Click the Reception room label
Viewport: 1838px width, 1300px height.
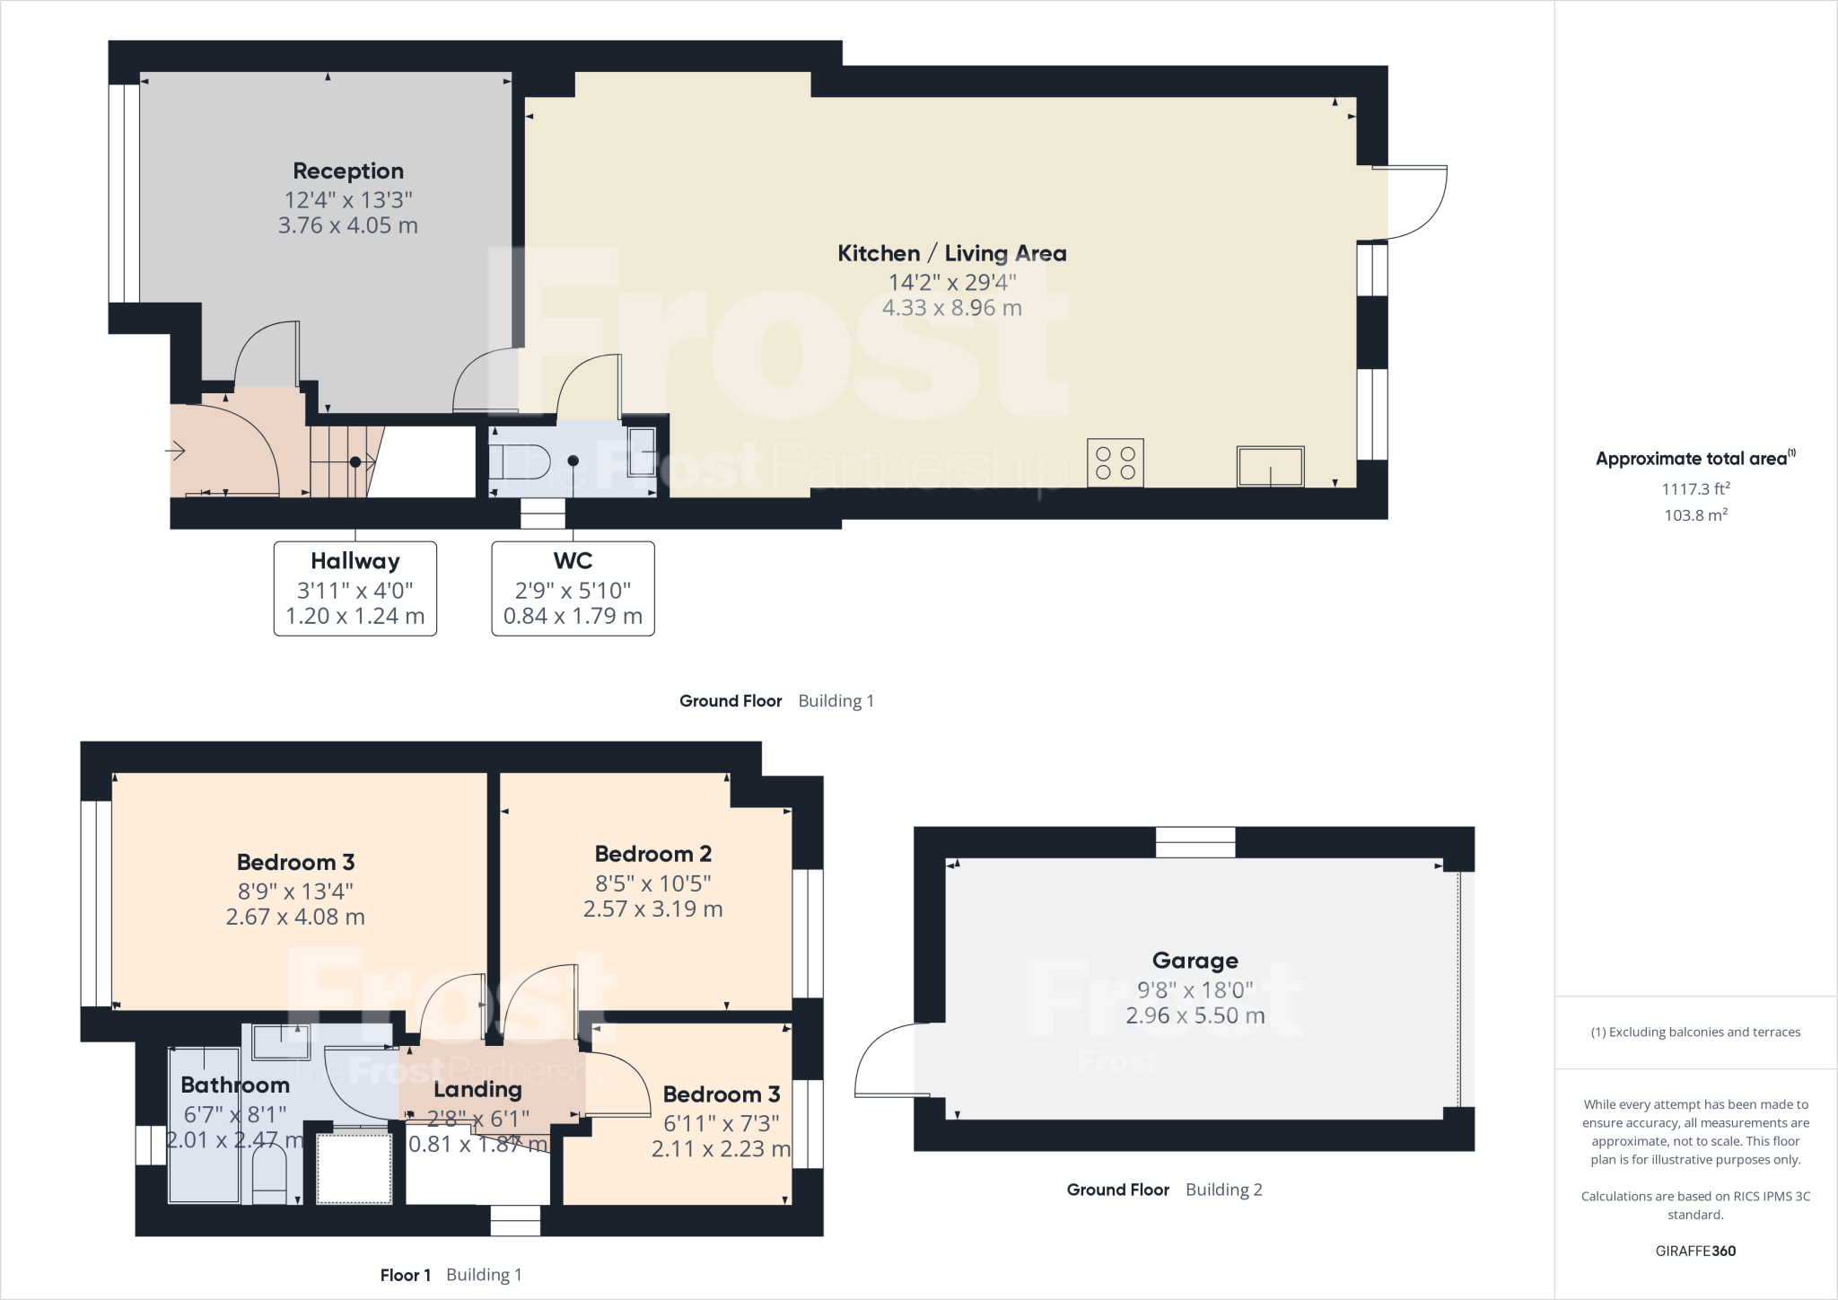point(348,171)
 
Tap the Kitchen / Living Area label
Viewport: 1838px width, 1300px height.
point(951,254)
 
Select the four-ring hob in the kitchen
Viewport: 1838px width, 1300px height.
point(1116,462)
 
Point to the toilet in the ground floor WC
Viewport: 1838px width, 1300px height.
point(521,461)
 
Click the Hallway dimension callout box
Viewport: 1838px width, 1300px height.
point(355,589)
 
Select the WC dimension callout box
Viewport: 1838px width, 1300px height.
point(573,589)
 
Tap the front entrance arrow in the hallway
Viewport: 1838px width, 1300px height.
point(176,450)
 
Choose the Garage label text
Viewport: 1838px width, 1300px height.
point(1195,962)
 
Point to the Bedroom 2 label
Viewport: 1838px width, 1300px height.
point(652,854)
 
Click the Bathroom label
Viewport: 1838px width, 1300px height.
point(235,1085)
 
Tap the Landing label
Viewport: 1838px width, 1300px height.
point(477,1090)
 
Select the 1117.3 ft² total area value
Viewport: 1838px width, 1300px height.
point(1695,489)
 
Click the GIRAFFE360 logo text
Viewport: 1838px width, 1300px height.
point(1695,1251)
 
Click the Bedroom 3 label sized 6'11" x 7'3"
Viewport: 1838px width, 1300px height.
point(722,1094)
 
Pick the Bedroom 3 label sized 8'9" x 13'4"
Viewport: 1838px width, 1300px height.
point(295,863)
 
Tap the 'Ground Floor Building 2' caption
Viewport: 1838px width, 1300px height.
point(1164,1190)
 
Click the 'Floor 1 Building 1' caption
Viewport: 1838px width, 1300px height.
point(451,1275)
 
